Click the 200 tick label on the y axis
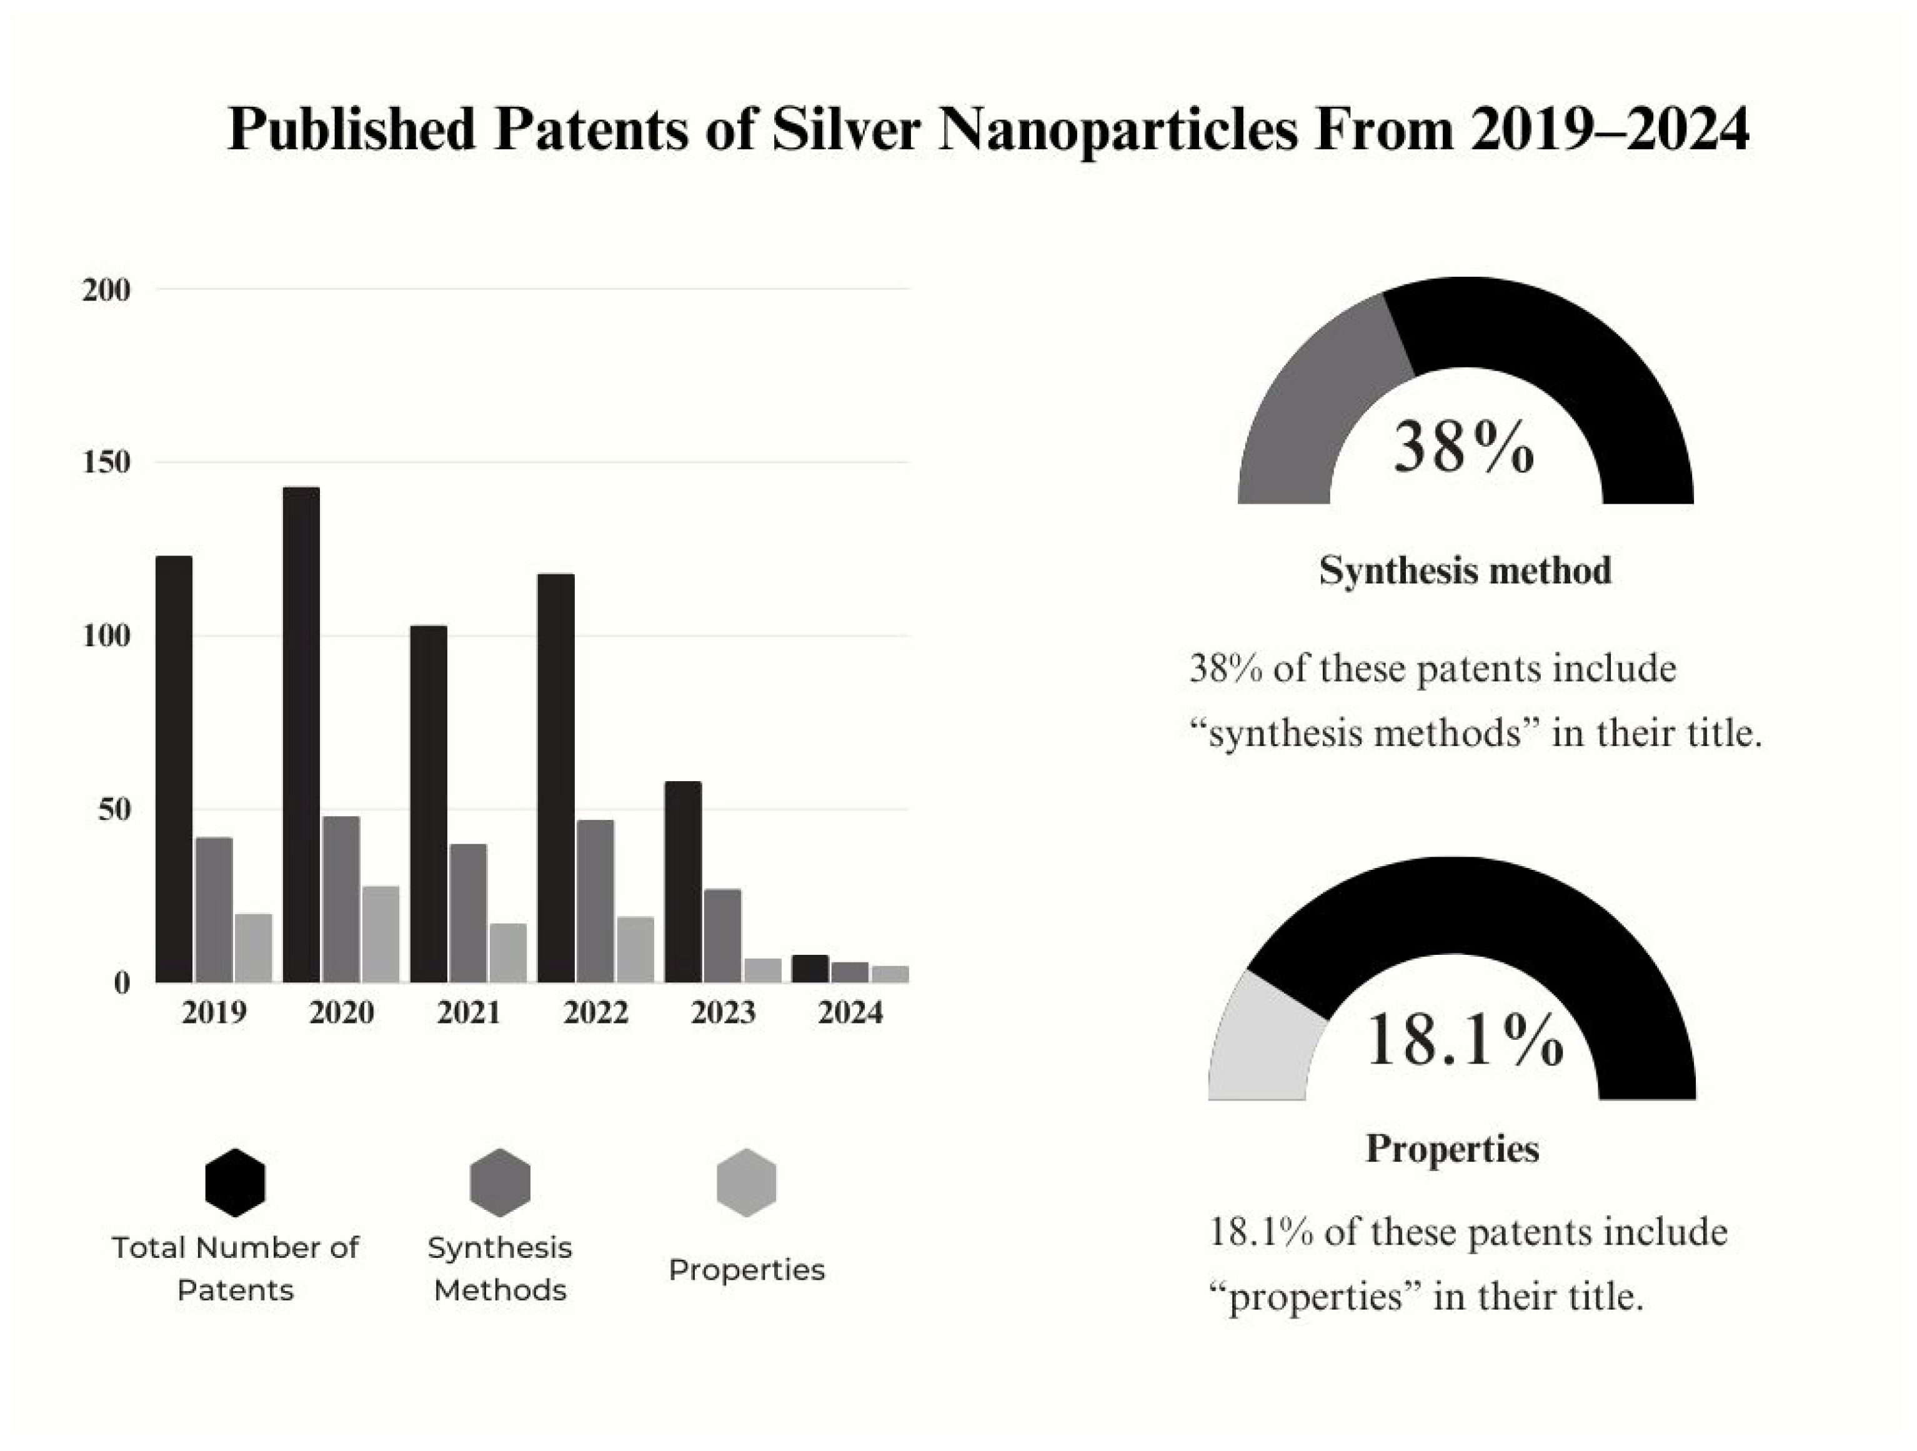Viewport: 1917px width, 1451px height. coord(106,289)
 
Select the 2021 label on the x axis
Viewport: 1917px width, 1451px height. coord(468,1012)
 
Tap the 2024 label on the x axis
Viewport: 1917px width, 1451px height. coord(850,1012)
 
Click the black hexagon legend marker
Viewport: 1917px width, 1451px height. coord(235,1182)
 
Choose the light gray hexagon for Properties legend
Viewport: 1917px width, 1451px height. coord(746,1182)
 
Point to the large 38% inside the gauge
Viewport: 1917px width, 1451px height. coord(1464,447)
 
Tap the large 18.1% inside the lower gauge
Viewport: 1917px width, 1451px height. coord(1465,1040)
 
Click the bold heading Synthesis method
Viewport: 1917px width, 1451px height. coord(1465,571)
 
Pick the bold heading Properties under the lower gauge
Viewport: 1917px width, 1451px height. coord(1453,1149)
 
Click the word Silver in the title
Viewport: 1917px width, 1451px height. coord(845,130)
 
